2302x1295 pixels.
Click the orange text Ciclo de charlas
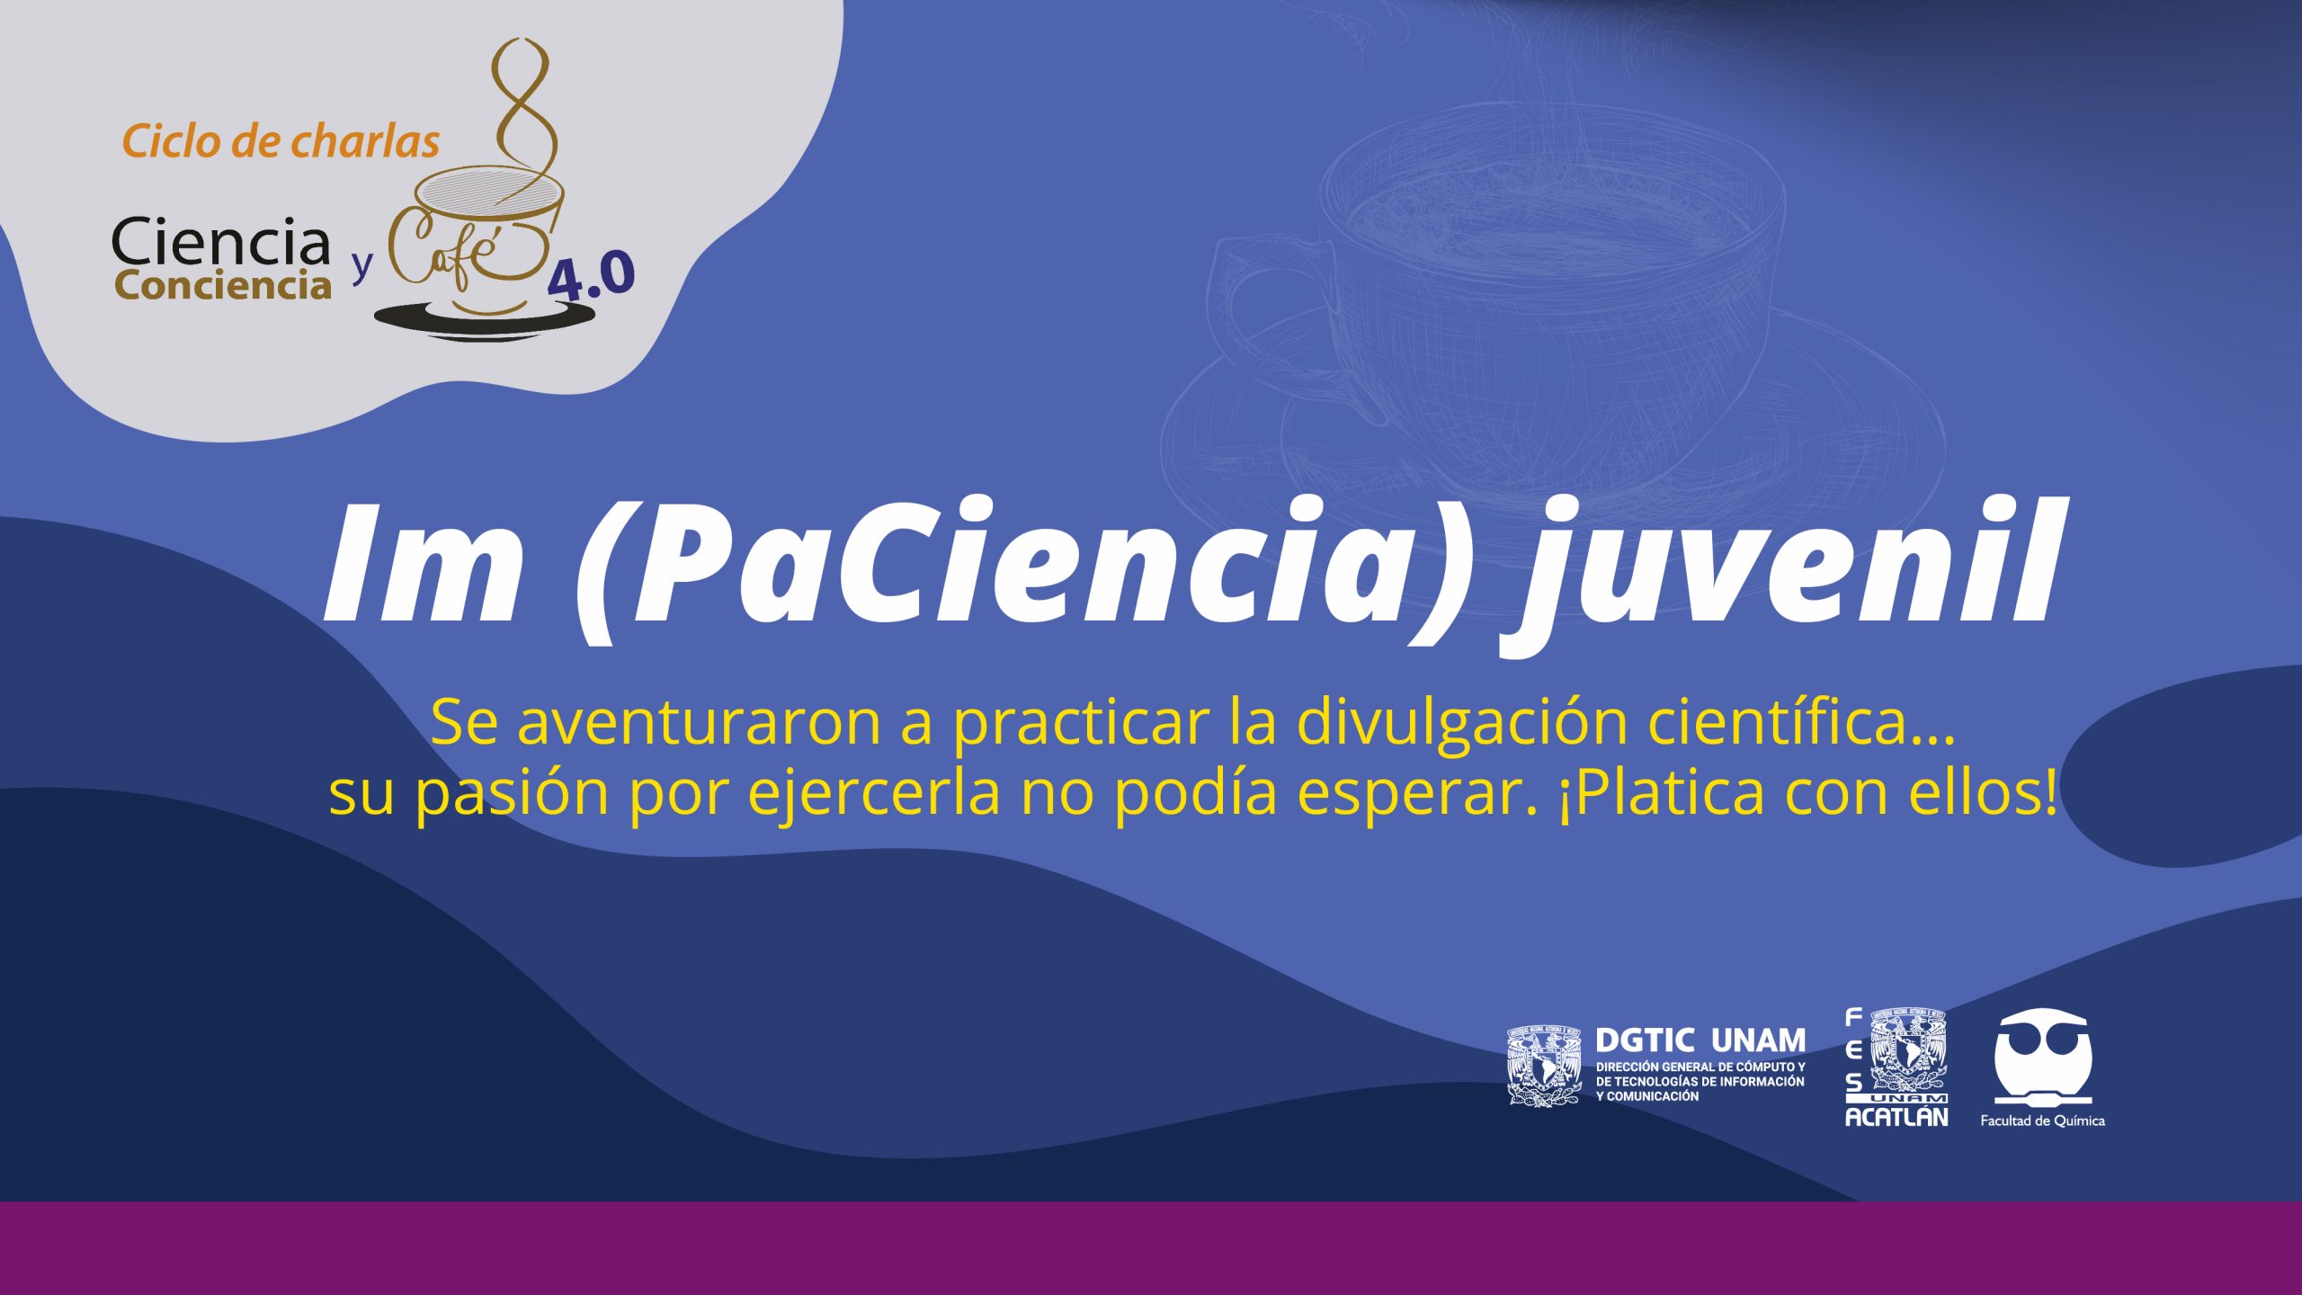point(281,142)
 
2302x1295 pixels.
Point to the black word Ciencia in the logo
point(221,242)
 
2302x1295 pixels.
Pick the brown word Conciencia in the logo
point(223,285)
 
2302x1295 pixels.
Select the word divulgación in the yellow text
point(1461,723)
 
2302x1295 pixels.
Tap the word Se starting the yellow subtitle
point(464,722)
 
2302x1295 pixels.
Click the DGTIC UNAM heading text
point(1700,1040)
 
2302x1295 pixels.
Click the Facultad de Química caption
point(2042,1121)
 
